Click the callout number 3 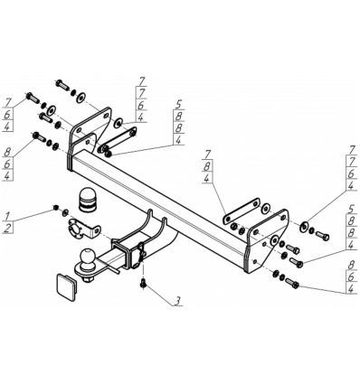(178, 300)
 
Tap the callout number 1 (8, 216)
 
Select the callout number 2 (8, 228)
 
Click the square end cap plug (67, 286)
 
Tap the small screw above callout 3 (143, 283)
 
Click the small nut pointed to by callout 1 (55, 208)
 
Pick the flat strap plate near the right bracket (242, 210)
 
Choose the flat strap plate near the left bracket (118, 138)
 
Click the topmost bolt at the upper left (62, 85)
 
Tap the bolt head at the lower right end (296, 285)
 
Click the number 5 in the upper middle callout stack (178, 105)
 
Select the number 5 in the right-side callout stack (351, 209)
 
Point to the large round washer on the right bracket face (274, 240)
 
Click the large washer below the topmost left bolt (81, 98)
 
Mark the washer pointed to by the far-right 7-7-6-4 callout (304, 226)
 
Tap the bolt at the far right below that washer (323, 236)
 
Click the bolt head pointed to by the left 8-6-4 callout (35, 136)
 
